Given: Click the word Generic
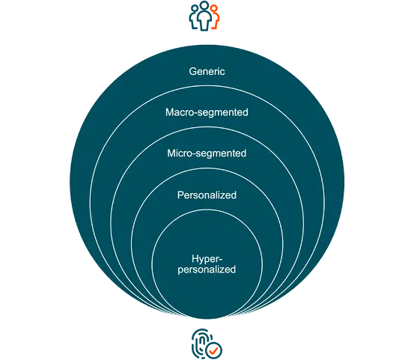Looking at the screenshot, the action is coord(207,72).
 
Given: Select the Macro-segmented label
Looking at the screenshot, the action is coord(207,112).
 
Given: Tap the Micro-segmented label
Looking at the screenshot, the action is coord(207,153).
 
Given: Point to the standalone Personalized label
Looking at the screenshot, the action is coord(207,195).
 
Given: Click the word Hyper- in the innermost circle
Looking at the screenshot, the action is coord(207,259).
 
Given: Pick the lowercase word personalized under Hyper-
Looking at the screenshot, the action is coord(207,269).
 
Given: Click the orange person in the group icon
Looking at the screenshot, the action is coord(215,17).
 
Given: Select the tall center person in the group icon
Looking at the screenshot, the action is coord(204,16).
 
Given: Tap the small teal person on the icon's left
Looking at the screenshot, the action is coord(193,17).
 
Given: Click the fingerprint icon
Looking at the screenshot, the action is coord(202,343).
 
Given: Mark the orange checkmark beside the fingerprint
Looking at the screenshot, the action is coord(214,350).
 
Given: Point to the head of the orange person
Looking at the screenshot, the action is coord(214,8).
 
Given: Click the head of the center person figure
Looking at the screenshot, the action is coord(204,5).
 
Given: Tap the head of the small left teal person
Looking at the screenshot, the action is coord(195,8).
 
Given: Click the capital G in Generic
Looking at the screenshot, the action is coord(192,71).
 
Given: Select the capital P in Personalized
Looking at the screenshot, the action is coord(180,195).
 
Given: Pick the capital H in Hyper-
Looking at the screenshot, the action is coord(195,259).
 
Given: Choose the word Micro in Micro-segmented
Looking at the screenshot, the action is coord(180,153).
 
